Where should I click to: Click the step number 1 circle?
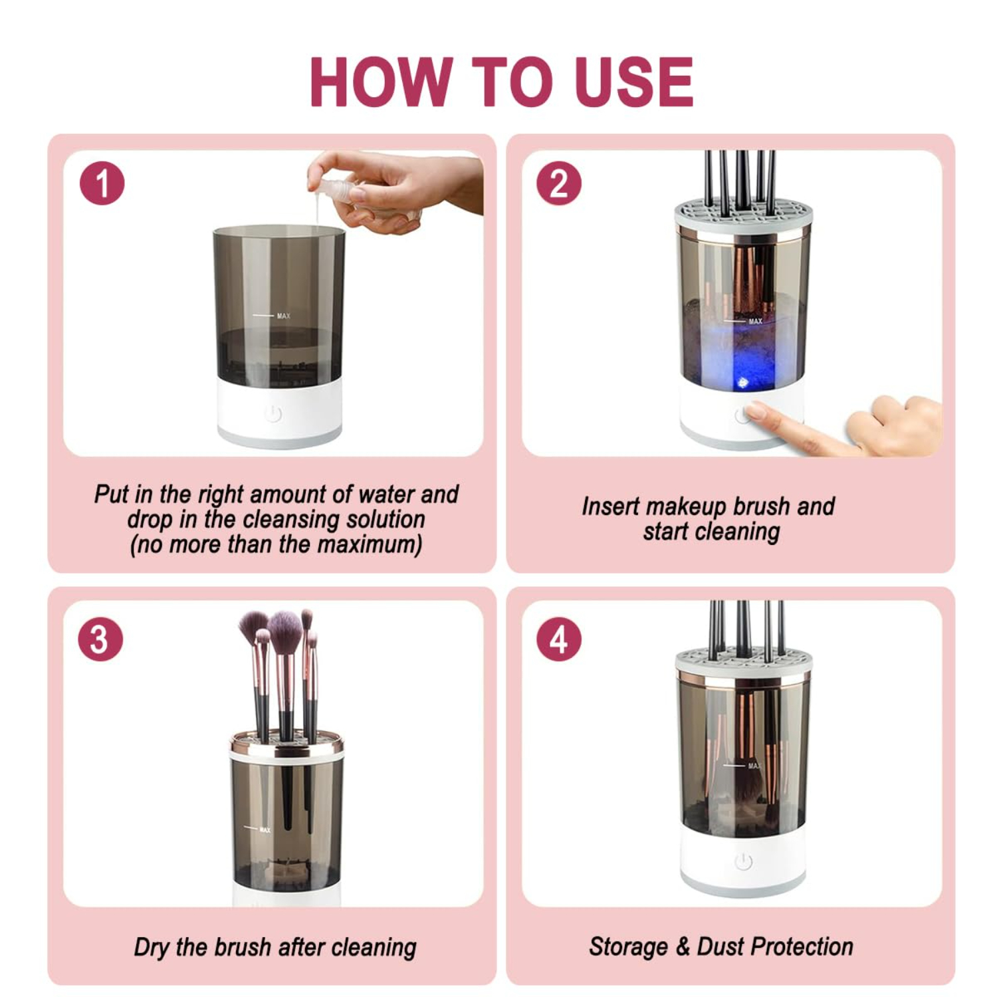(x=102, y=183)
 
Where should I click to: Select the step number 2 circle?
(x=559, y=183)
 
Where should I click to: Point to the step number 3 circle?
(x=100, y=639)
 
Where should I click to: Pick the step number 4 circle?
(x=559, y=639)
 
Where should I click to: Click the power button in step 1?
(x=273, y=414)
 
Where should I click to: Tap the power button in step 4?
(x=744, y=862)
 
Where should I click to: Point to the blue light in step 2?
(x=743, y=382)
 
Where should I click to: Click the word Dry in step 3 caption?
(x=152, y=947)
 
